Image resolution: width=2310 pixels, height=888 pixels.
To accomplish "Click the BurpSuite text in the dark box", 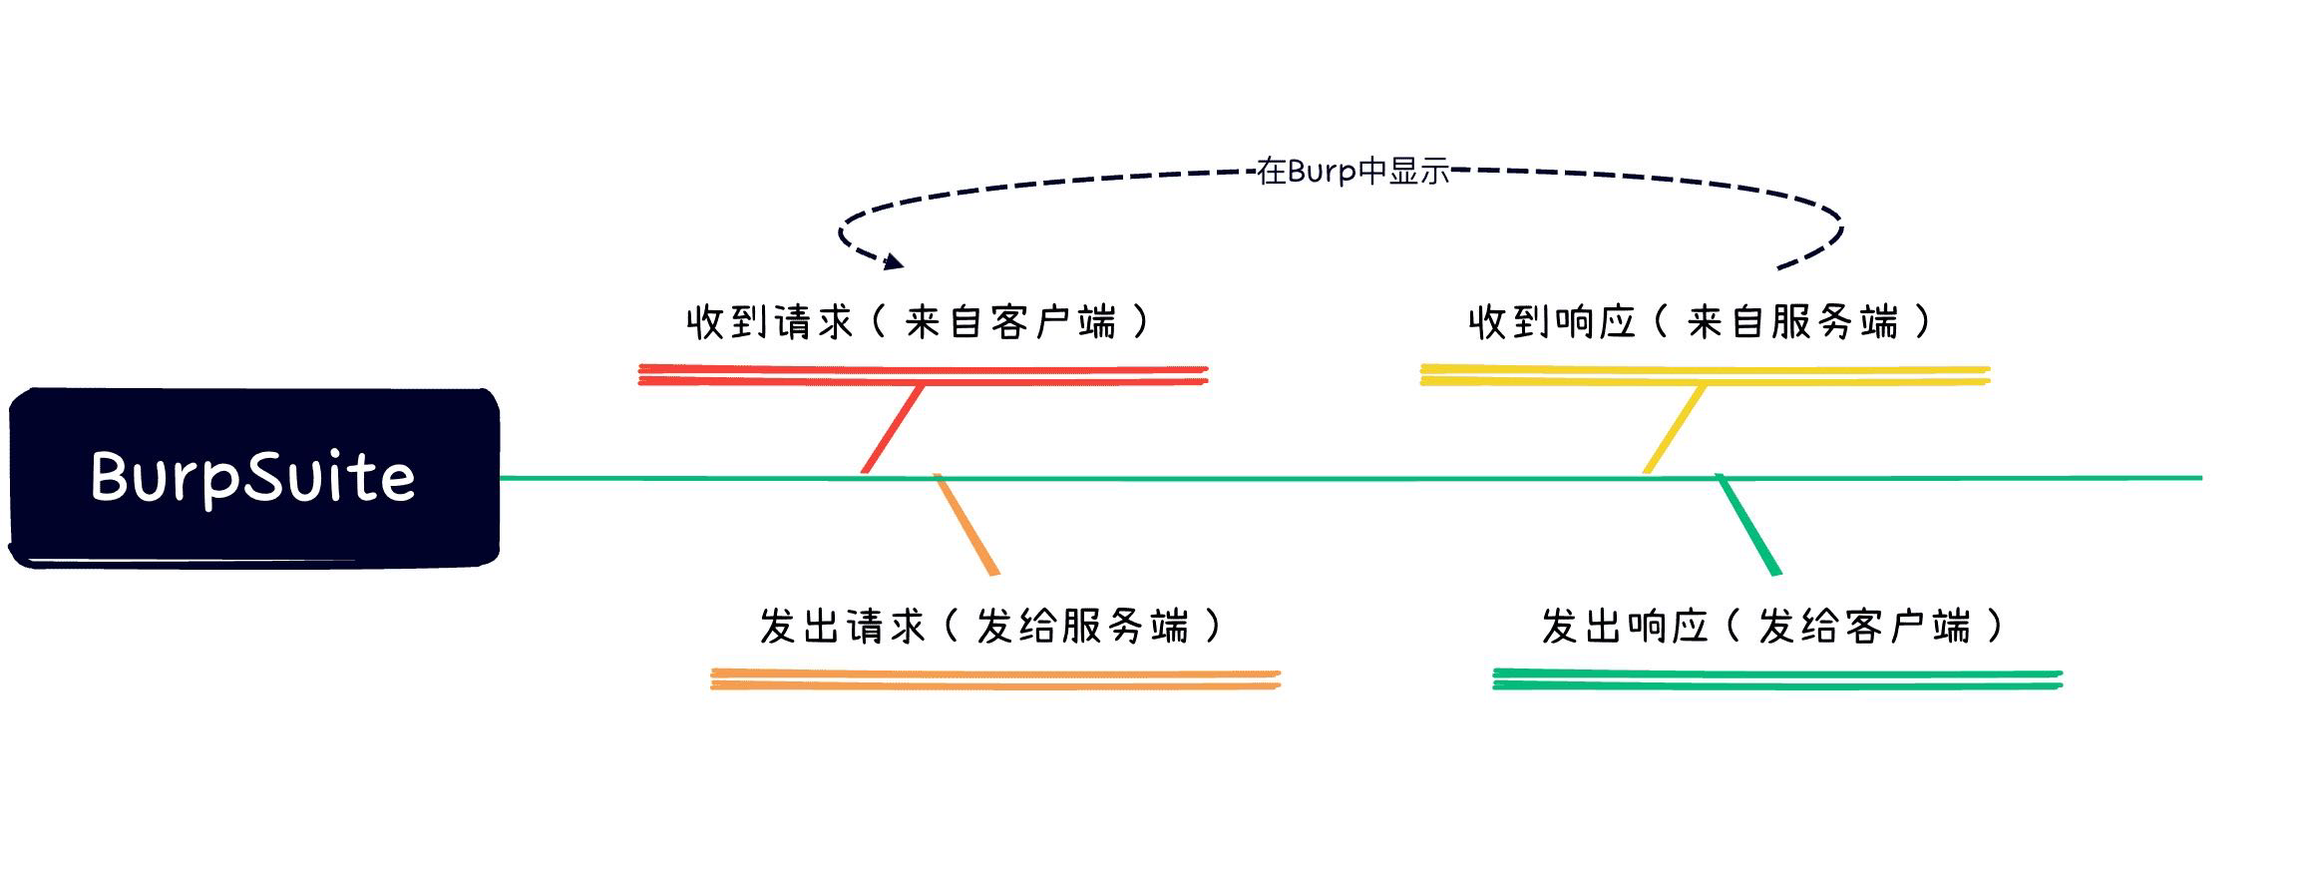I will (252, 477).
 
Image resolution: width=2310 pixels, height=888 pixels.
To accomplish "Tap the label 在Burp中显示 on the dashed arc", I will (1352, 172).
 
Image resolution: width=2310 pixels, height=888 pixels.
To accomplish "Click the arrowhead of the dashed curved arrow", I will (893, 261).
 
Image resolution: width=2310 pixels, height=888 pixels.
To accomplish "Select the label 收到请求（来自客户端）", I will (919, 322).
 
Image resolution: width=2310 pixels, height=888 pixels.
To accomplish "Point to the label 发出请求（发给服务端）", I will (990, 627).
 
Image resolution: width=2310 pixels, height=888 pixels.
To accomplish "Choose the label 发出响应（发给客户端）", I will (1772, 627).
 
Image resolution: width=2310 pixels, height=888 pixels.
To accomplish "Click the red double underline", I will (923, 375).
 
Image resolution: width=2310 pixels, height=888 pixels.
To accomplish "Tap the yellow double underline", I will (1705, 375).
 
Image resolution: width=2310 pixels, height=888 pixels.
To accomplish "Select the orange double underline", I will (994, 679).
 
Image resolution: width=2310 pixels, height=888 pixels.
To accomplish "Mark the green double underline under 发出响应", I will (1776, 679).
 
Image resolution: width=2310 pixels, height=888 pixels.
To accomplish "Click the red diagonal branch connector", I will (893, 429).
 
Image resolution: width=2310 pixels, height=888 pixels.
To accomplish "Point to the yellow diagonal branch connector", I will (1675, 429).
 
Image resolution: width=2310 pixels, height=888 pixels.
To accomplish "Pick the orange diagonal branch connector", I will (965, 525).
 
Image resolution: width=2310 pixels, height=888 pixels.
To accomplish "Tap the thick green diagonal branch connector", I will (1747, 525).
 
